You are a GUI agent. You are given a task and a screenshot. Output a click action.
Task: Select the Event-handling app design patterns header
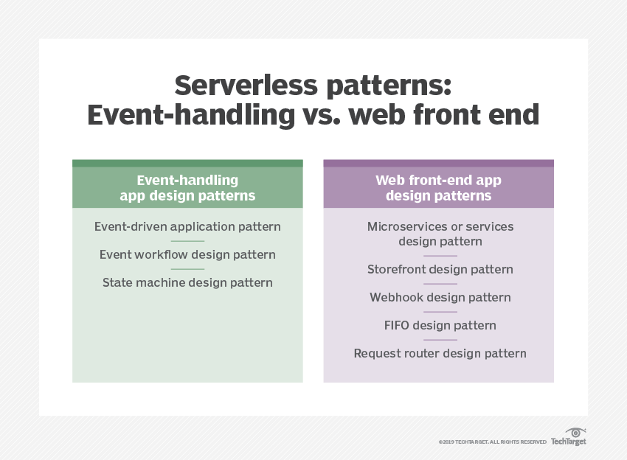[187, 188]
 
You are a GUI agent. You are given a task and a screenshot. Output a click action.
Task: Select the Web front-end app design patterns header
[438, 188]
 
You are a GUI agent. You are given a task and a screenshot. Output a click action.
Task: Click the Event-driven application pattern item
[187, 226]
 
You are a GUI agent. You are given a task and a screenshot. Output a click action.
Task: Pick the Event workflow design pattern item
[187, 254]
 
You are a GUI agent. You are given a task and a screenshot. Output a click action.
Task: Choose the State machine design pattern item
[187, 282]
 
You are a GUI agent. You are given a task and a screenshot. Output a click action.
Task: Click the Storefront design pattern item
[440, 269]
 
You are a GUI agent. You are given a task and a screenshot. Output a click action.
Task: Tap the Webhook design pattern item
[440, 297]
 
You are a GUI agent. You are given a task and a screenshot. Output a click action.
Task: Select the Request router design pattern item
[440, 353]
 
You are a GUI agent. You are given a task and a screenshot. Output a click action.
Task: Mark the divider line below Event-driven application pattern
[187, 241]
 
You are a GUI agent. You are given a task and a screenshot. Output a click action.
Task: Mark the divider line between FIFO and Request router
[440, 340]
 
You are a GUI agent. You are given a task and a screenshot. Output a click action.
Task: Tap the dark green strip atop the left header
[187, 163]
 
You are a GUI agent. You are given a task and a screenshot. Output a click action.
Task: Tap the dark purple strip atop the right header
[438, 163]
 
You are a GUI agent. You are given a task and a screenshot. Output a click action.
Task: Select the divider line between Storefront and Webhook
[440, 284]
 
